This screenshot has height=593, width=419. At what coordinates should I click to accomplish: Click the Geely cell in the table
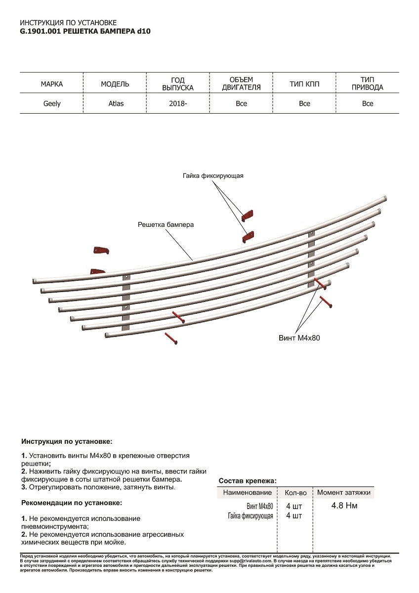(x=52, y=104)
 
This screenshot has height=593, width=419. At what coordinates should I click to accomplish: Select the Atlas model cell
(x=116, y=104)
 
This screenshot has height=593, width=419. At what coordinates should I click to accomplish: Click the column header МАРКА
(x=52, y=84)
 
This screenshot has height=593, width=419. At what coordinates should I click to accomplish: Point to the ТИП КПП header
(x=304, y=84)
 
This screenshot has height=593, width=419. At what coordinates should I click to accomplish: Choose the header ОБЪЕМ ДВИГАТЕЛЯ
(x=241, y=84)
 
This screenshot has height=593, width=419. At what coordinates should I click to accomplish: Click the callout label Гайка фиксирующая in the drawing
(x=213, y=176)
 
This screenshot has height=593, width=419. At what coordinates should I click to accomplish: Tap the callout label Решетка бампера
(x=166, y=224)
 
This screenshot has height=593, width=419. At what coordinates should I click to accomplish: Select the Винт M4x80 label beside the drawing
(x=296, y=338)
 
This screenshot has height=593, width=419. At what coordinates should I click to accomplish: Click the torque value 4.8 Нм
(x=344, y=506)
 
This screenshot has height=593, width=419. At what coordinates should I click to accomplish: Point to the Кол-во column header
(x=295, y=493)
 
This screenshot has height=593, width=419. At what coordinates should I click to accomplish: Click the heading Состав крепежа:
(x=248, y=480)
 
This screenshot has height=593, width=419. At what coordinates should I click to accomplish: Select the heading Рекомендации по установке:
(x=72, y=503)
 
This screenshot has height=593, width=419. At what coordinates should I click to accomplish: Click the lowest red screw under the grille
(x=171, y=339)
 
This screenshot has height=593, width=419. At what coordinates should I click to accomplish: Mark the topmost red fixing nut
(x=248, y=215)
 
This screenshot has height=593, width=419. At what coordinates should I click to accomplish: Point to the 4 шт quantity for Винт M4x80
(x=294, y=506)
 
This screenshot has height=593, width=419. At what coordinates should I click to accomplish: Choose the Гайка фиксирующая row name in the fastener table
(x=251, y=516)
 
